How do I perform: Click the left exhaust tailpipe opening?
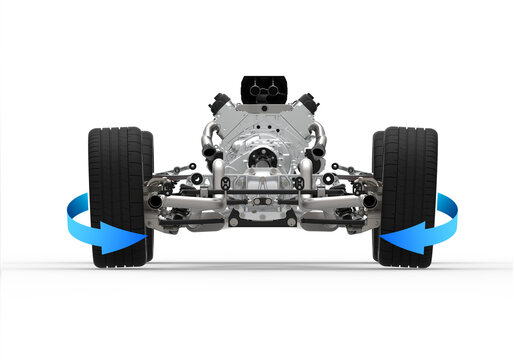(156, 201)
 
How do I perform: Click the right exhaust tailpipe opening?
(369, 201)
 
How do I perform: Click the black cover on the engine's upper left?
(219, 103)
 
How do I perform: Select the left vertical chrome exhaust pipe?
(218, 180)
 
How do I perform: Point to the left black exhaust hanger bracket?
(226, 183)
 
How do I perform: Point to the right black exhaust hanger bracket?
(298, 183)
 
